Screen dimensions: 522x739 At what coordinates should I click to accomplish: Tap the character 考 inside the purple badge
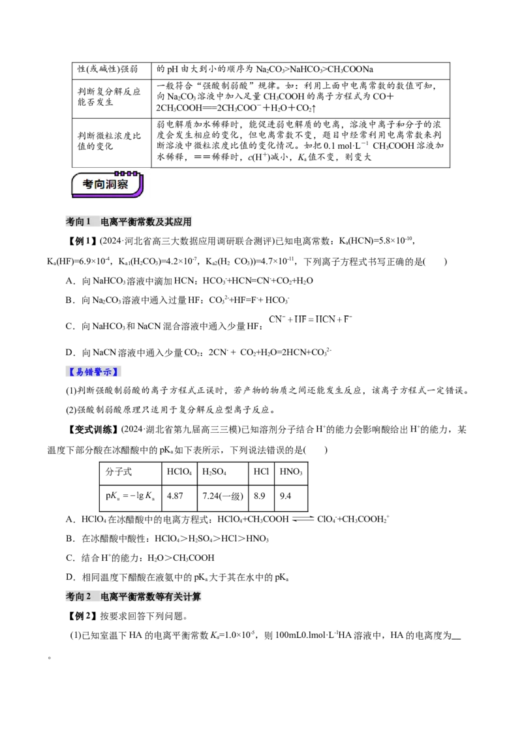click(x=89, y=185)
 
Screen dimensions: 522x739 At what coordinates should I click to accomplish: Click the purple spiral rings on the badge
click(x=127, y=174)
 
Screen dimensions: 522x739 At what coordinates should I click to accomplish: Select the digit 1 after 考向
click(x=89, y=222)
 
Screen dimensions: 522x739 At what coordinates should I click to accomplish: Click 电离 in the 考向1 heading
click(x=109, y=222)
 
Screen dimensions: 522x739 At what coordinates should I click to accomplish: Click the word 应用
click(x=185, y=222)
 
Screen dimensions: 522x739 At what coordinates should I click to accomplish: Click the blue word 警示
click(x=104, y=372)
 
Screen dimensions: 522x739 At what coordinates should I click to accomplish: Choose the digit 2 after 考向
click(x=89, y=597)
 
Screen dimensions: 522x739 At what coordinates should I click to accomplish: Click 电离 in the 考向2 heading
click(x=109, y=597)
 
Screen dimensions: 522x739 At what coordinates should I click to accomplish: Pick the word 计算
click(x=195, y=597)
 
